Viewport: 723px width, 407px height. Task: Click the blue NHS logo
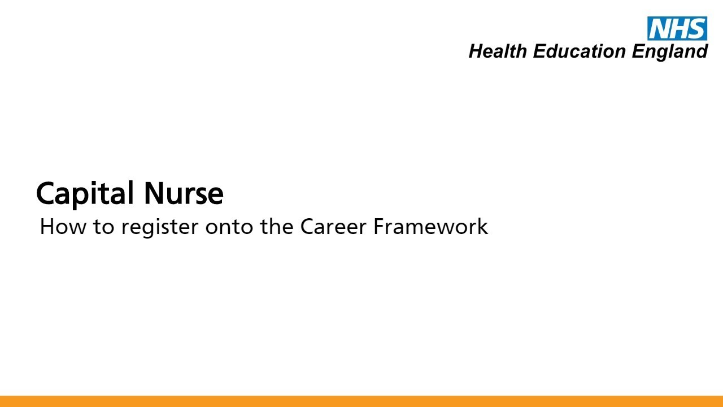point(677,28)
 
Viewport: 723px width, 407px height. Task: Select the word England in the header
point(669,52)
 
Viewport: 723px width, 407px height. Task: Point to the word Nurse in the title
point(184,193)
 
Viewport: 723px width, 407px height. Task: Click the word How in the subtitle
point(56,227)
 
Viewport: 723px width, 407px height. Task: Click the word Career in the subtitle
point(333,227)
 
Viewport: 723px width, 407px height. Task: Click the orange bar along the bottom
point(361,401)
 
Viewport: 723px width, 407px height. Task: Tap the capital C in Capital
point(46,194)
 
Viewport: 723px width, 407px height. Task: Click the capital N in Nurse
point(153,193)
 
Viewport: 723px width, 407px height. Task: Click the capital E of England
point(637,51)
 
